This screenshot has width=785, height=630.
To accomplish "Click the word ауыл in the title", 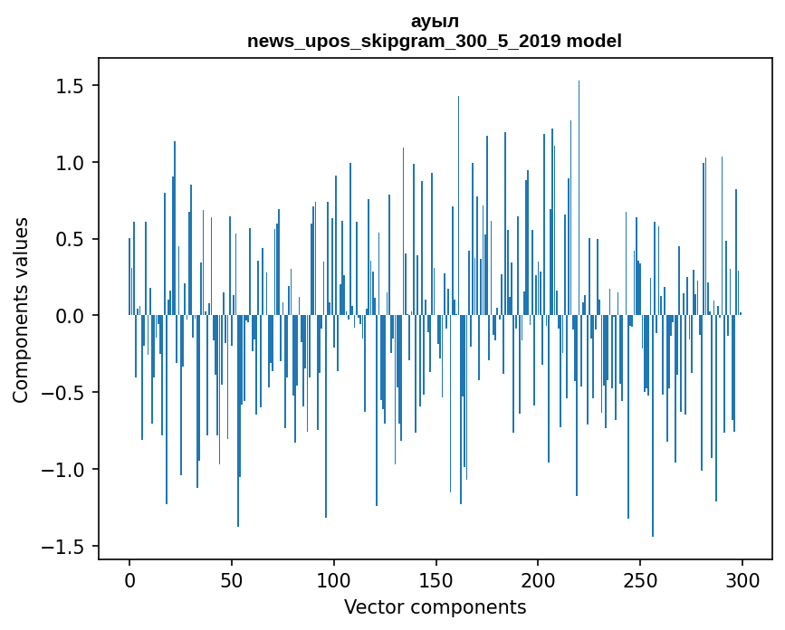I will pos(435,22).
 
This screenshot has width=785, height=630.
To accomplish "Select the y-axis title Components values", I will pos(21,310).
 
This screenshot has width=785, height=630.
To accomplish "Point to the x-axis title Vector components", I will pos(435,606).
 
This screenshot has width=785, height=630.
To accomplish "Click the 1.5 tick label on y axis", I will pos(72,86).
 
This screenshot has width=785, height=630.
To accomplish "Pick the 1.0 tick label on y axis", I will pos(72,163).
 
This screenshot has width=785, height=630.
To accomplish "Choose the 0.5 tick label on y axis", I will pos(72,240).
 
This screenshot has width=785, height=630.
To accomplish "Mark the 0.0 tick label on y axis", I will pos(72,316).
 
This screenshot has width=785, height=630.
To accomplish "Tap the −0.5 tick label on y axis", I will pos(67,393).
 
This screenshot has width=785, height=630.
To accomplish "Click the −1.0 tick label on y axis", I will pos(67,470).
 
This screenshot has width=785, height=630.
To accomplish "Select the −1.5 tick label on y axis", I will pos(67,547).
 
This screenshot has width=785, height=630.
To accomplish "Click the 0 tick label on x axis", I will pos(129,579).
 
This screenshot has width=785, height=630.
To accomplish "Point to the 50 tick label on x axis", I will pos(232,579).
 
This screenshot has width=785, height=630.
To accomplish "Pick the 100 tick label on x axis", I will pos(334,579).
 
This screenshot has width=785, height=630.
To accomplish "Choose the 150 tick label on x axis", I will pos(436,579).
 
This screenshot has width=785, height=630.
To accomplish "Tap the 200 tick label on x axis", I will pos(539,579).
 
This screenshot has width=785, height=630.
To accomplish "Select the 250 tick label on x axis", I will pos(641,579).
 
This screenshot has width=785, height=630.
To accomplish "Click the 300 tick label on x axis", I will pos(742,579).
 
